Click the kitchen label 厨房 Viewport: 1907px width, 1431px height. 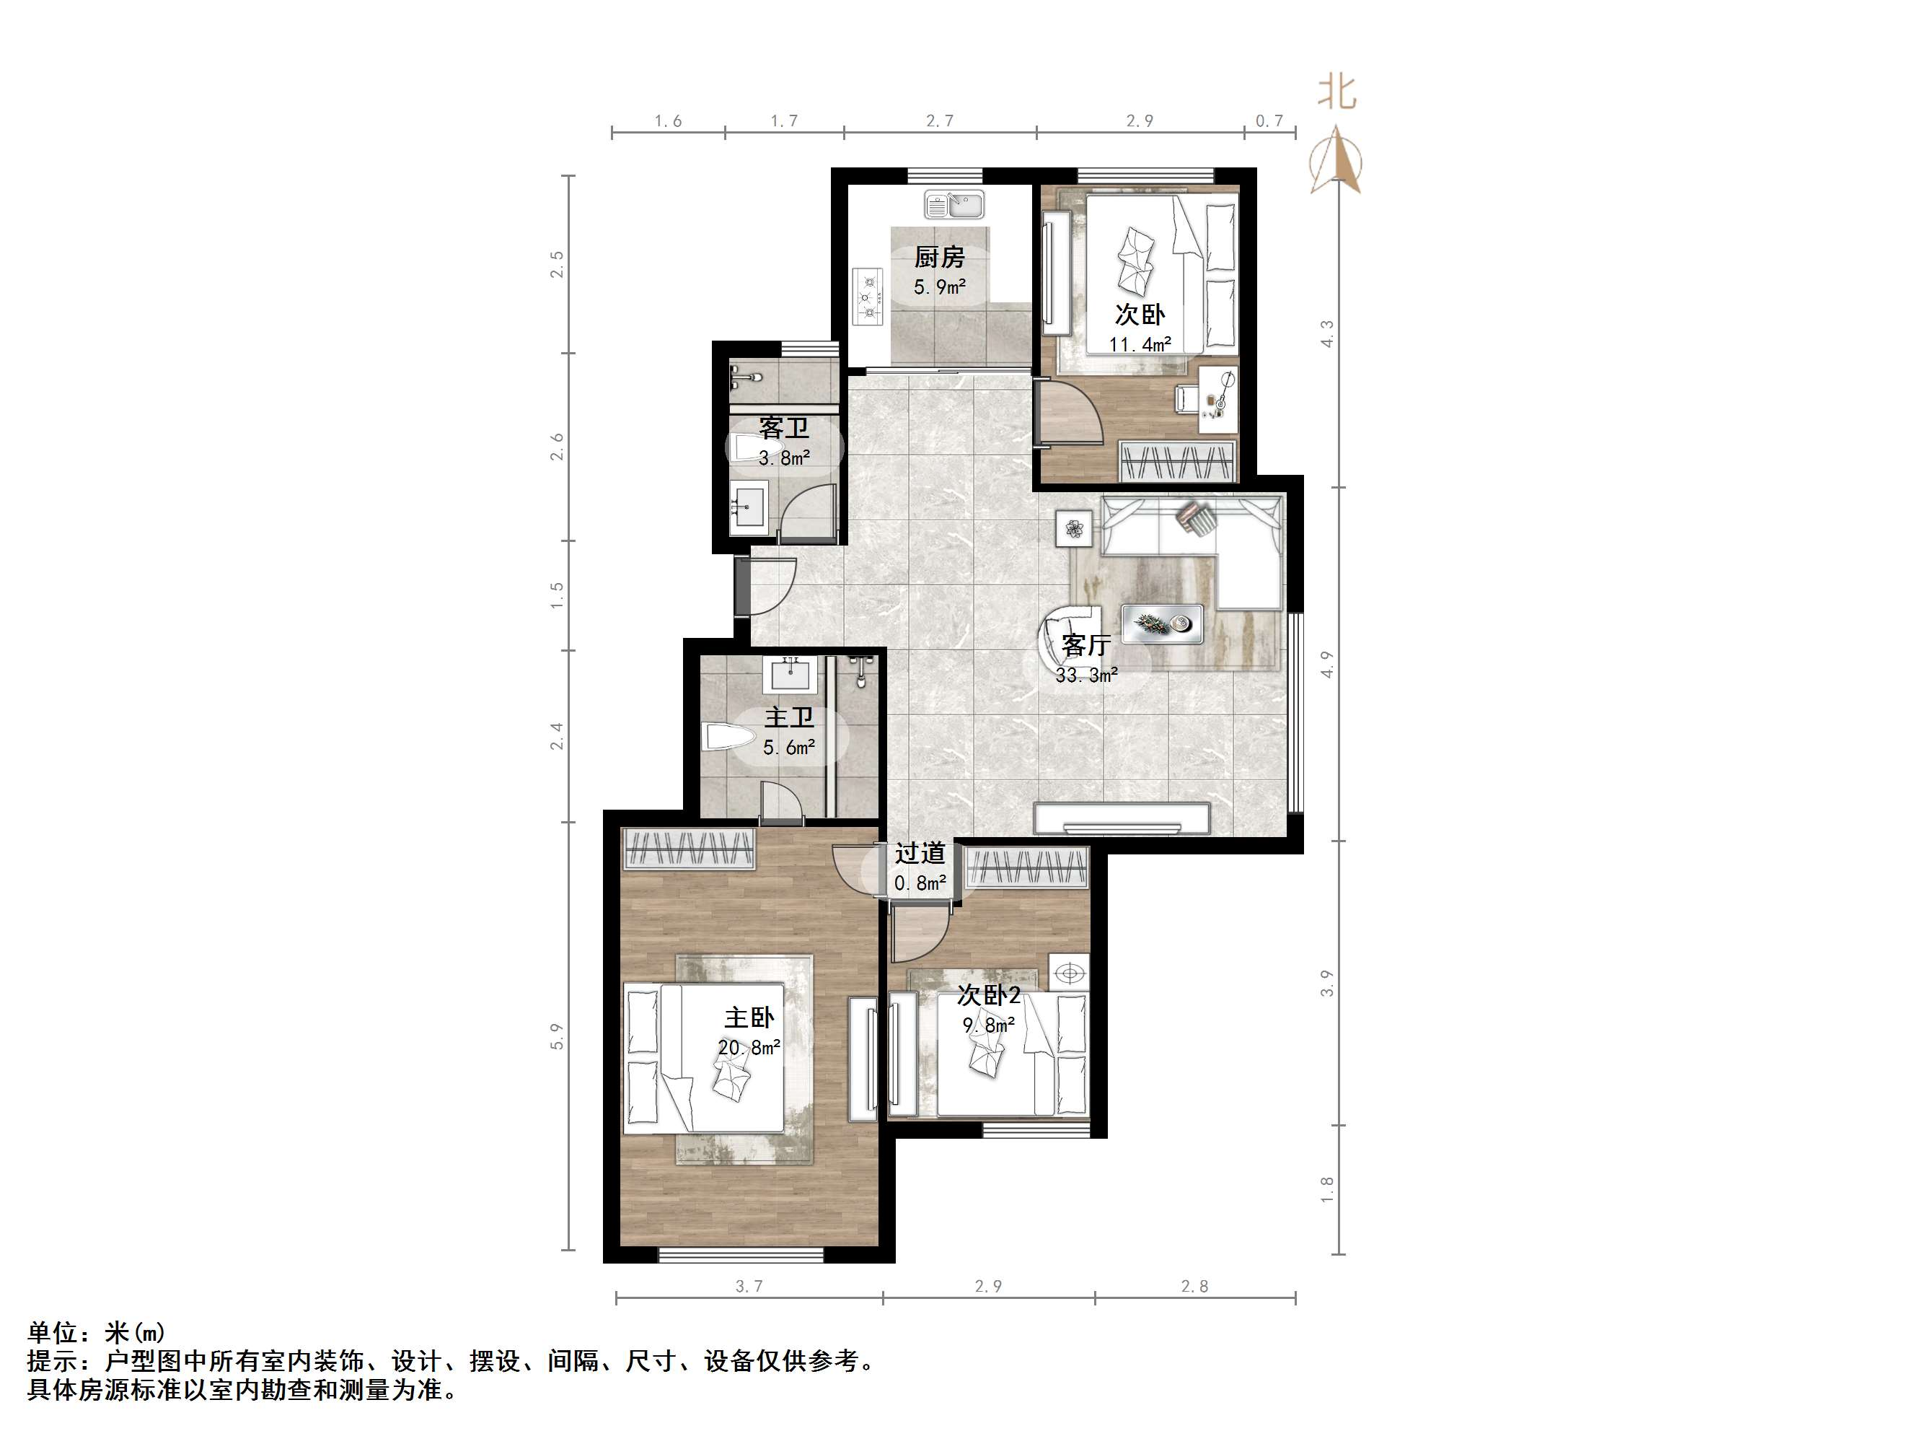tap(939, 257)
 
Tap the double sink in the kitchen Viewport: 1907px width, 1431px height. tap(954, 205)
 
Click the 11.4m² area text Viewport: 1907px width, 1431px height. tap(1139, 344)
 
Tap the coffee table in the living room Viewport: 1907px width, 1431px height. tap(1161, 623)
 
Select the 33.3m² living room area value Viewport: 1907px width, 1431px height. tap(1086, 675)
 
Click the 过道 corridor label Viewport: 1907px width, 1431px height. tap(920, 853)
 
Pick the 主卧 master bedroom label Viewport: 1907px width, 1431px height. tap(749, 1018)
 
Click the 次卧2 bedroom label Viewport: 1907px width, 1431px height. tap(989, 995)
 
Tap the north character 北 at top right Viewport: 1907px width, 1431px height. tap(1336, 92)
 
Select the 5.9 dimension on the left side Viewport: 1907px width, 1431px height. tap(557, 1036)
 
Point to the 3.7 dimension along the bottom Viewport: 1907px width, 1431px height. tap(749, 1286)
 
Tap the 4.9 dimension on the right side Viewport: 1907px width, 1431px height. tap(1327, 664)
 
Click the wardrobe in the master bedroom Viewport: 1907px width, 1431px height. tap(689, 848)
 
